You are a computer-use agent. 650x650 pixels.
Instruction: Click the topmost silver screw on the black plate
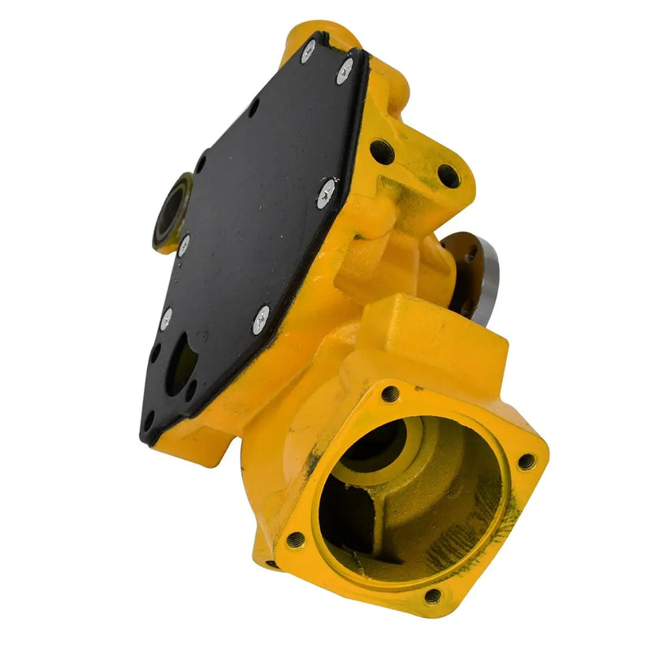(309, 50)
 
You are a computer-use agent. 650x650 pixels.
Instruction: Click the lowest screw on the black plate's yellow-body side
(261, 318)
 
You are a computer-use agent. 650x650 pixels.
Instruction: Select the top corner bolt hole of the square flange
(391, 393)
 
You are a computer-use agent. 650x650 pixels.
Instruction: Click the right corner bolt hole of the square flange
(526, 461)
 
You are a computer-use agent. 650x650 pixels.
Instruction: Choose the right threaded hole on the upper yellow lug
(446, 173)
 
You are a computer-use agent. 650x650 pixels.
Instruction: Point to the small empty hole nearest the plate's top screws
(254, 106)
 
